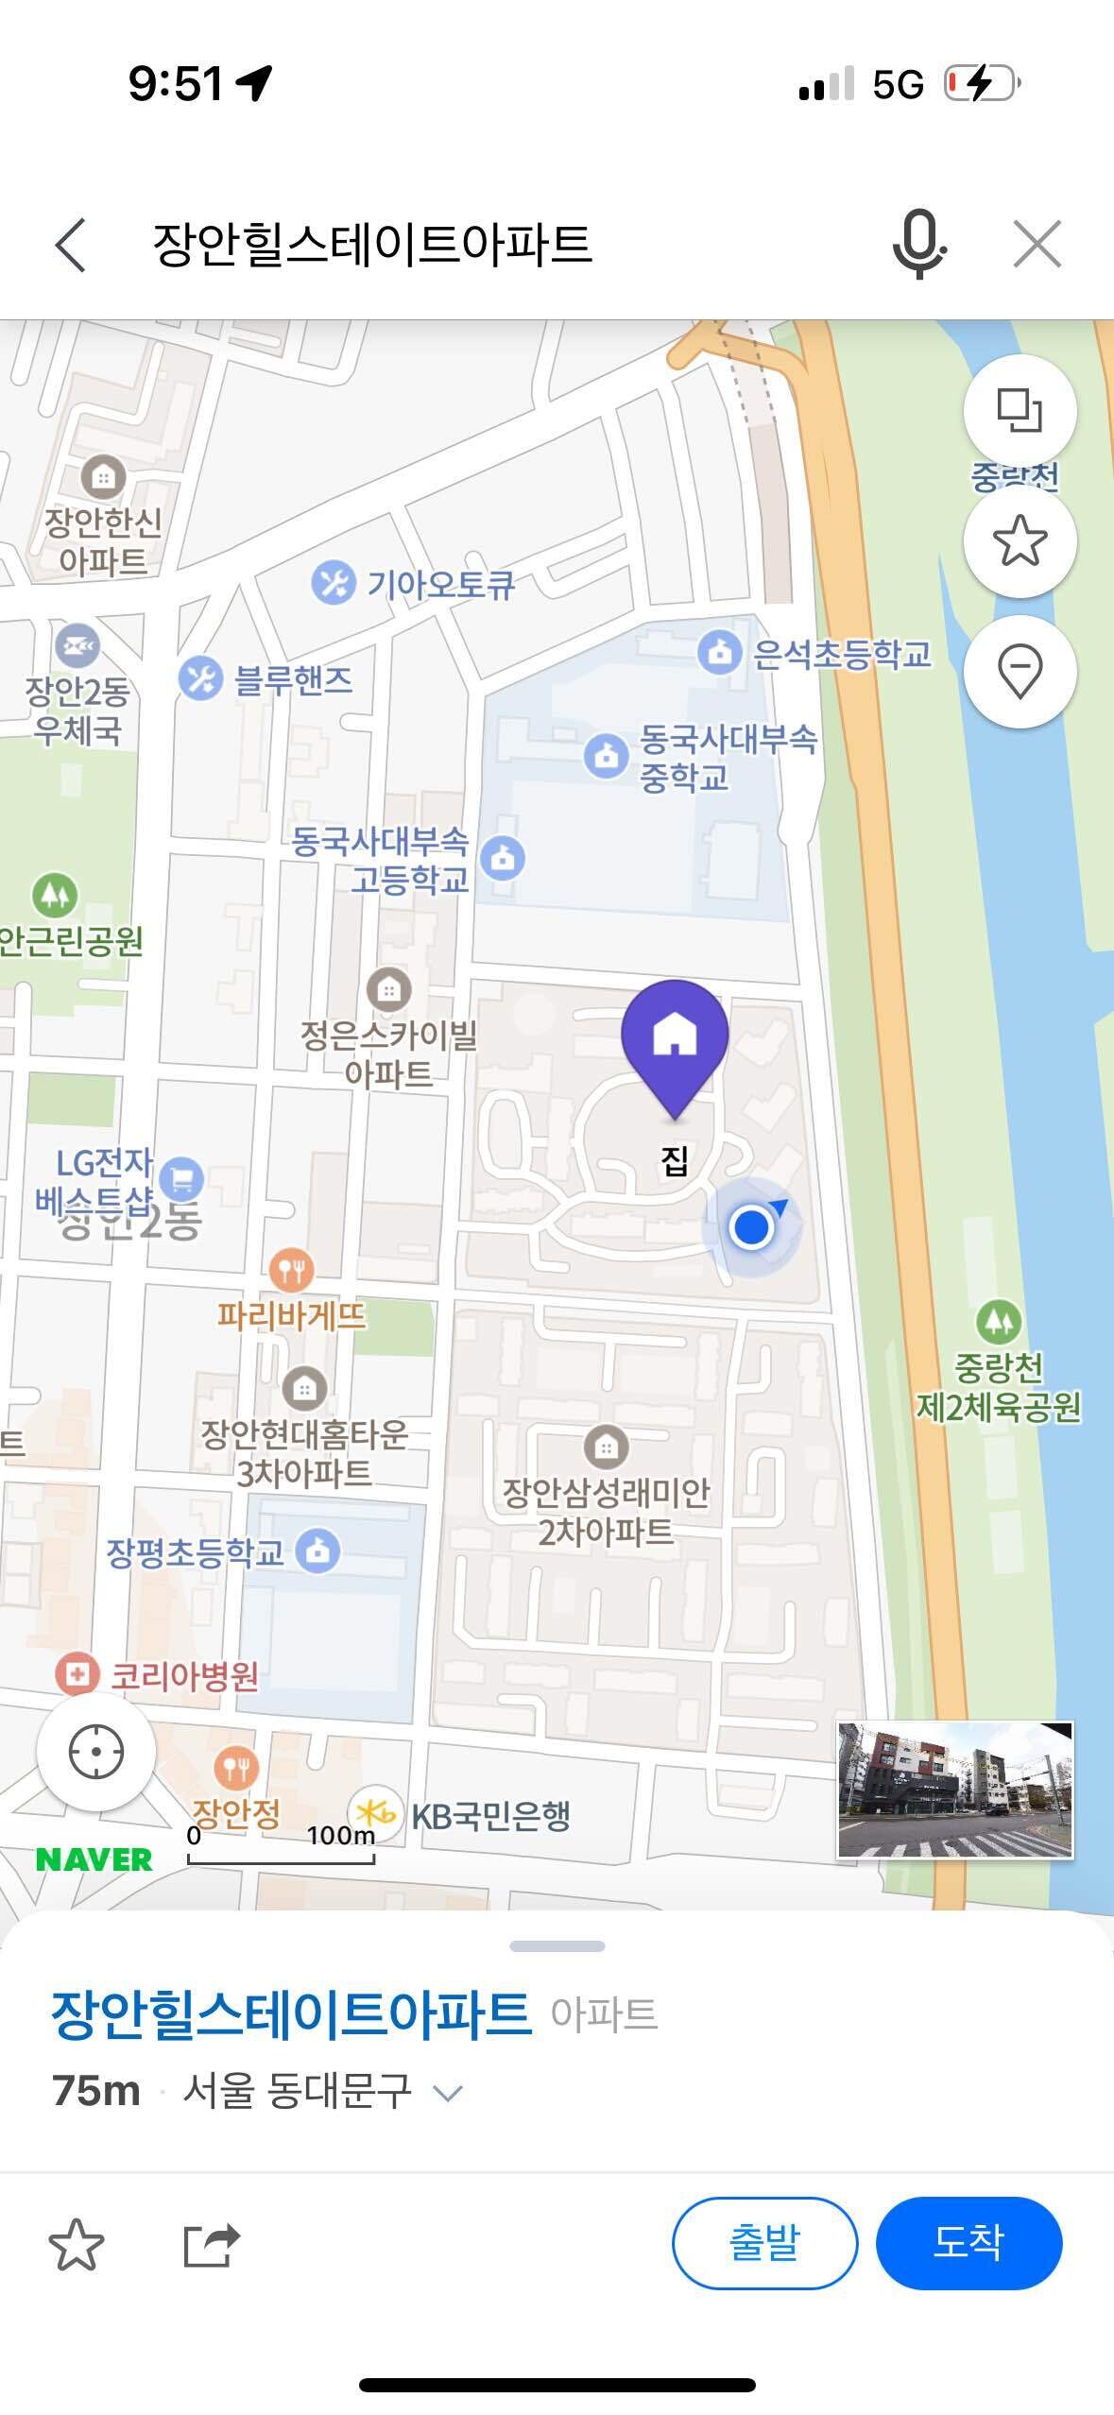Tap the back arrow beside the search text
[x=71, y=245]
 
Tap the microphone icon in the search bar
[x=918, y=244]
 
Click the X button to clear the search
[x=1037, y=244]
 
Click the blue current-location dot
[x=751, y=1226]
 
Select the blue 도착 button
[x=968, y=2242]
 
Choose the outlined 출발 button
[x=764, y=2242]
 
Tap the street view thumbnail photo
[x=955, y=1790]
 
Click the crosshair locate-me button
[x=96, y=1751]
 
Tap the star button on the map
[x=1020, y=541]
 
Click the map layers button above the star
[x=1020, y=410]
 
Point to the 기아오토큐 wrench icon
[x=333, y=583]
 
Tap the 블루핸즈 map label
[x=293, y=679]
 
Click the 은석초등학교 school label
[x=841, y=653]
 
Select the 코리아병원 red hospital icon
[x=77, y=1674]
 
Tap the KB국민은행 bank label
[x=490, y=1815]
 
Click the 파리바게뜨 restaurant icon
[x=291, y=1270]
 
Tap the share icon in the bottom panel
[x=211, y=2244]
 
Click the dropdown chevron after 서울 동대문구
[x=447, y=2093]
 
